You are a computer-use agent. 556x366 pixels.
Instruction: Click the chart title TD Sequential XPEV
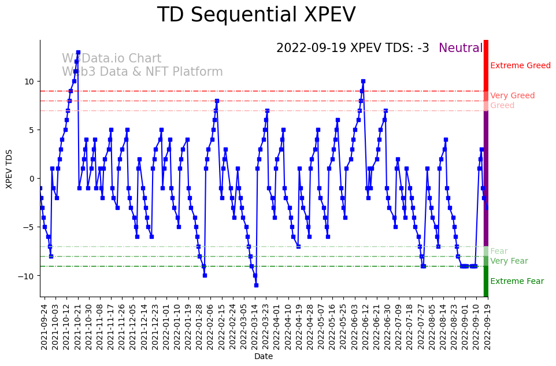click(256, 15)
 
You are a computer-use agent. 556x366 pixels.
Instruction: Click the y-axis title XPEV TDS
click(9, 168)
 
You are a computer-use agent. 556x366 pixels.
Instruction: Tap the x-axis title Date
click(264, 357)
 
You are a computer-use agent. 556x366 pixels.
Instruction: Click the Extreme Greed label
click(520, 66)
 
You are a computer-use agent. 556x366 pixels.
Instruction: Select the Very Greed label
click(512, 96)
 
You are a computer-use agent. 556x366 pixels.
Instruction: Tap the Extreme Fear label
click(517, 282)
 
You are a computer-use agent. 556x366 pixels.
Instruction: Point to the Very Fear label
click(509, 261)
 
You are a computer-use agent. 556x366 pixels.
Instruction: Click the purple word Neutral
click(461, 49)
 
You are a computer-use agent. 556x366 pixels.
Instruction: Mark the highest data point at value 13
click(78, 52)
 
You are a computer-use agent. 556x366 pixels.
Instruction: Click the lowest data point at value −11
click(256, 285)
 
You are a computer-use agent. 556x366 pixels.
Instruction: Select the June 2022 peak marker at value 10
click(363, 81)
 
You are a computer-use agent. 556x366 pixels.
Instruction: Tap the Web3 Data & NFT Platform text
click(142, 72)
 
